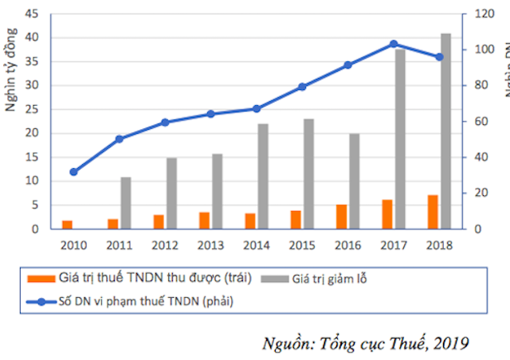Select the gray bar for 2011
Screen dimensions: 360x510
pos(125,203)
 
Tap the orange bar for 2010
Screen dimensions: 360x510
pos(68,225)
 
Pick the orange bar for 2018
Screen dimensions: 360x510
pos(433,212)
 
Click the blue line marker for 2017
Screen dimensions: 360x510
pos(394,44)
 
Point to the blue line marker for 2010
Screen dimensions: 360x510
pos(73,172)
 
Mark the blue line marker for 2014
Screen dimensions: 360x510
pos(257,108)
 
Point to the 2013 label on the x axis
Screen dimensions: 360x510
pos(210,245)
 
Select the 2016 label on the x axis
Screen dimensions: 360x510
pos(348,245)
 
